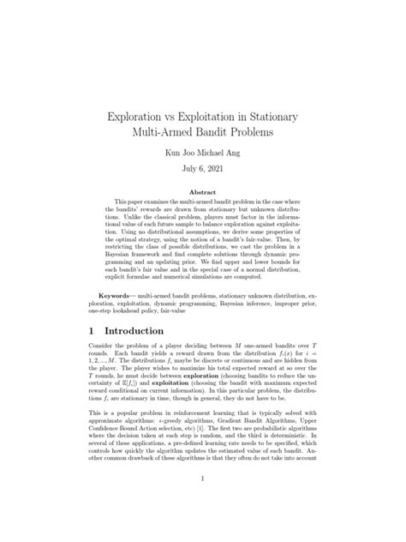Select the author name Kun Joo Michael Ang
pyautogui.click(x=202, y=154)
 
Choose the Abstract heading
pyautogui.click(x=202, y=204)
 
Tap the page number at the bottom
pyautogui.click(x=202, y=504)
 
